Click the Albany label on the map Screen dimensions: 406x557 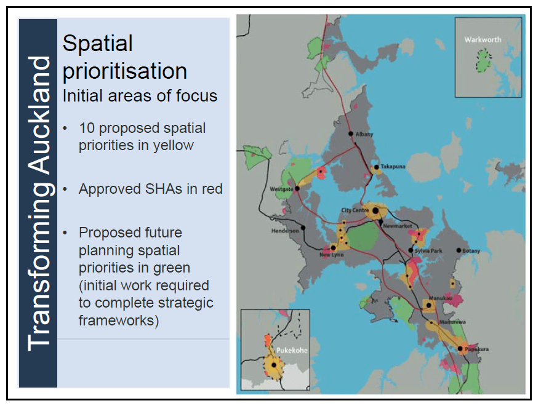click(x=364, y=134)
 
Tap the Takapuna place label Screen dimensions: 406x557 click(x=393, y=167)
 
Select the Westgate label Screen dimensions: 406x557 click(x=282, y=189)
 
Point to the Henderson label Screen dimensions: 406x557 click(x=285, y=231)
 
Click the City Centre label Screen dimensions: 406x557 click(x=355, y=210)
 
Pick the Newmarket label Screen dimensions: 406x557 click(x=396, y=226)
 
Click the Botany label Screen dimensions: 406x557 click(x=471, y=250)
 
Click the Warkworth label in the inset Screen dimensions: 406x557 click(x=483, y=39)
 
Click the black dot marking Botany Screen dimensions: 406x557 click(x=459, y=250)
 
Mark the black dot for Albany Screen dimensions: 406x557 click(x=350, y=133)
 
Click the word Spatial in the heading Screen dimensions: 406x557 click(x=98, y=44)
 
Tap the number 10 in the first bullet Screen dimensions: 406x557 click(x=87, y=129)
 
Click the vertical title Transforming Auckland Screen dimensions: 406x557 click(x=39, y=203)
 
